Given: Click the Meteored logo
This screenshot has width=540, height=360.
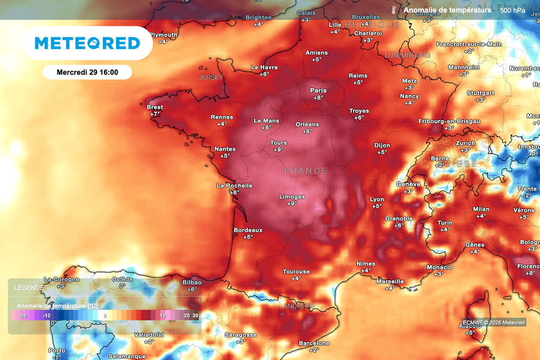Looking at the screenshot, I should click(x=87, y=43).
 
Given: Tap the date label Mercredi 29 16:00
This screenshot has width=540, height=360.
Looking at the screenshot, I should click(x=87, y=72).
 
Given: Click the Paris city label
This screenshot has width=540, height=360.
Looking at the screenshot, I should click(x=318, y=90).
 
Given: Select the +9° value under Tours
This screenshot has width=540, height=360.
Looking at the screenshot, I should click(x=278, y=150).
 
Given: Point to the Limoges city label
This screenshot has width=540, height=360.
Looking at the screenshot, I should click(x=292, y=197).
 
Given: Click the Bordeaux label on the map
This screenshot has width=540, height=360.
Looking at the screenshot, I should click(x=248, y=230).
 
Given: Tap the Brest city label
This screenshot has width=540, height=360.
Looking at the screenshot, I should click(x=155, y=107).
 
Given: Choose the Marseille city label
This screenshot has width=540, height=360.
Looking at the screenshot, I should click(x=390, y=281).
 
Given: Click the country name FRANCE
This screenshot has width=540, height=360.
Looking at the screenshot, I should click(x=306, y=171).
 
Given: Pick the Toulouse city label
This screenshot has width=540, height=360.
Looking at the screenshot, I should click(x=296, y=271).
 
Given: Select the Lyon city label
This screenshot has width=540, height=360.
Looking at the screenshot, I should click(x=377, y=199).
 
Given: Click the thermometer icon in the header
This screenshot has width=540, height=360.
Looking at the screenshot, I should click(x=394, y=10).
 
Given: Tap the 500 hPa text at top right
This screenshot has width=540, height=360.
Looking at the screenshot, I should click(x=512, y=10).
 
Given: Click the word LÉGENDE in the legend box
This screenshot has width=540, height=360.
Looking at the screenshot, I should click(x=28, y=287).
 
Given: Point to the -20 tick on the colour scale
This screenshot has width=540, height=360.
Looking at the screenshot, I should click(x=23, y=315).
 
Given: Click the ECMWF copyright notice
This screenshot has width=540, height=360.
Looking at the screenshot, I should click(x=494, y=323).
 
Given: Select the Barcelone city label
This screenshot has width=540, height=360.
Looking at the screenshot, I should click(x=314, y=343).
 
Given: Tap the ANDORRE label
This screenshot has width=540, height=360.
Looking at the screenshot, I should click(x=299, y=306).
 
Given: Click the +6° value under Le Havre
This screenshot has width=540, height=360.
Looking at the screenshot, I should click(x=264, y=74).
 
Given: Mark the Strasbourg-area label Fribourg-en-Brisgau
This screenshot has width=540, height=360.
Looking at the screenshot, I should click(x=449, y=121).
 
